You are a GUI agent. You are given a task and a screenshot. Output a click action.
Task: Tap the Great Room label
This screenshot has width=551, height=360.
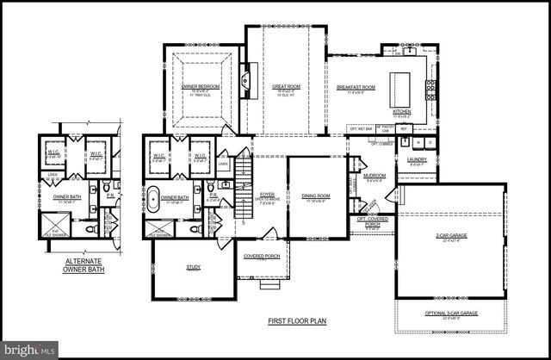[284, 87]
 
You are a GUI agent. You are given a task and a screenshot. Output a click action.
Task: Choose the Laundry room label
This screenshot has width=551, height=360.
[417, 159]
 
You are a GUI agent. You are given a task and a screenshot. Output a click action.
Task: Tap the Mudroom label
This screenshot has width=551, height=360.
[374, 177]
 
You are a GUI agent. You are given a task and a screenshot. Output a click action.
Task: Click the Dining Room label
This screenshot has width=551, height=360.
[316, 196]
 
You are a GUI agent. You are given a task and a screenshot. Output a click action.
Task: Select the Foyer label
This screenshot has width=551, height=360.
[267, 196]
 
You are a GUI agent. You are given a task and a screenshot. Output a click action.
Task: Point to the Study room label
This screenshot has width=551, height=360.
[193, 268]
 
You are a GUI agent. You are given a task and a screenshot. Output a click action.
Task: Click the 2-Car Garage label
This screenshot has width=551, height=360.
[451, 236]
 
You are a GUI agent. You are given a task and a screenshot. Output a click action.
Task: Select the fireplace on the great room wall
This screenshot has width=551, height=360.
[245, 83]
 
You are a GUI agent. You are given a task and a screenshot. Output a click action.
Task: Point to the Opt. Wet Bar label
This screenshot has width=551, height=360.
[360, 129]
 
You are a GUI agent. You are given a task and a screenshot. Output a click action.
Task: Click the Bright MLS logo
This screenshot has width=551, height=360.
[29, 349]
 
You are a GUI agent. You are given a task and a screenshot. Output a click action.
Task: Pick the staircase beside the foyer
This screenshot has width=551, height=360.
[244, 194]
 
